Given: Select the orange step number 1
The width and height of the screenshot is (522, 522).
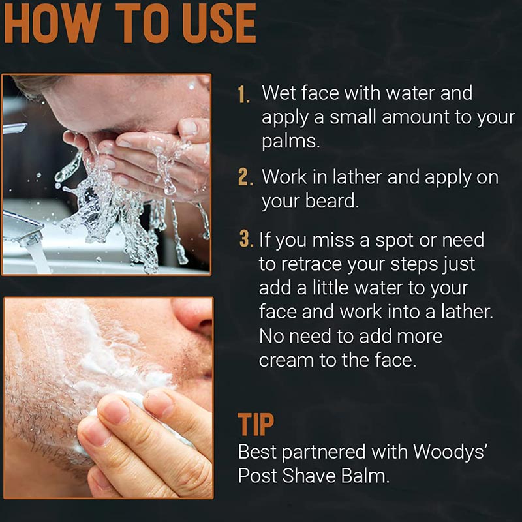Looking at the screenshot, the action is (243, 95).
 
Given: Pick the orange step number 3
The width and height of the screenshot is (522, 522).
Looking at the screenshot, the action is (247, 239).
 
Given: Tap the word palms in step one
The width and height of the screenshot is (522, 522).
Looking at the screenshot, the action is (290, 142).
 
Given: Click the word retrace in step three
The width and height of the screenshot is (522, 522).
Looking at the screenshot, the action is (311, 264).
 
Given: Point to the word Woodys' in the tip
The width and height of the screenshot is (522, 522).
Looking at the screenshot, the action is (450, 452).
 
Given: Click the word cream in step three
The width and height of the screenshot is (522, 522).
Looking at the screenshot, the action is (286, 361).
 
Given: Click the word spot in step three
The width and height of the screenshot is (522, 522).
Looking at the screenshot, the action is (394, 241).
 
